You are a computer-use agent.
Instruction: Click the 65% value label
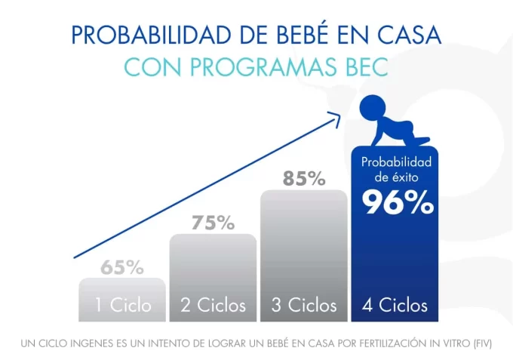coord(122,267)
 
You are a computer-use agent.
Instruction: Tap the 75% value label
coord(213,223)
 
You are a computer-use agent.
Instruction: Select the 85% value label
coord(304,179)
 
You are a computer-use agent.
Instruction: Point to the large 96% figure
coord(397,203)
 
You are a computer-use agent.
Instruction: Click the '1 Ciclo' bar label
coord(122,305)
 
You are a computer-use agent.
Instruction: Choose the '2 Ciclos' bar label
coord(213,305)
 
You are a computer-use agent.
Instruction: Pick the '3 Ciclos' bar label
coord(304,305)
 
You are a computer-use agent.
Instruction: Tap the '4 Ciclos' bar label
coord(395,305)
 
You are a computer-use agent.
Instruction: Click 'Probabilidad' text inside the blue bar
coord(395,162)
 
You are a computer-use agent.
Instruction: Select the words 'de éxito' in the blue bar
coord(395,177)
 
